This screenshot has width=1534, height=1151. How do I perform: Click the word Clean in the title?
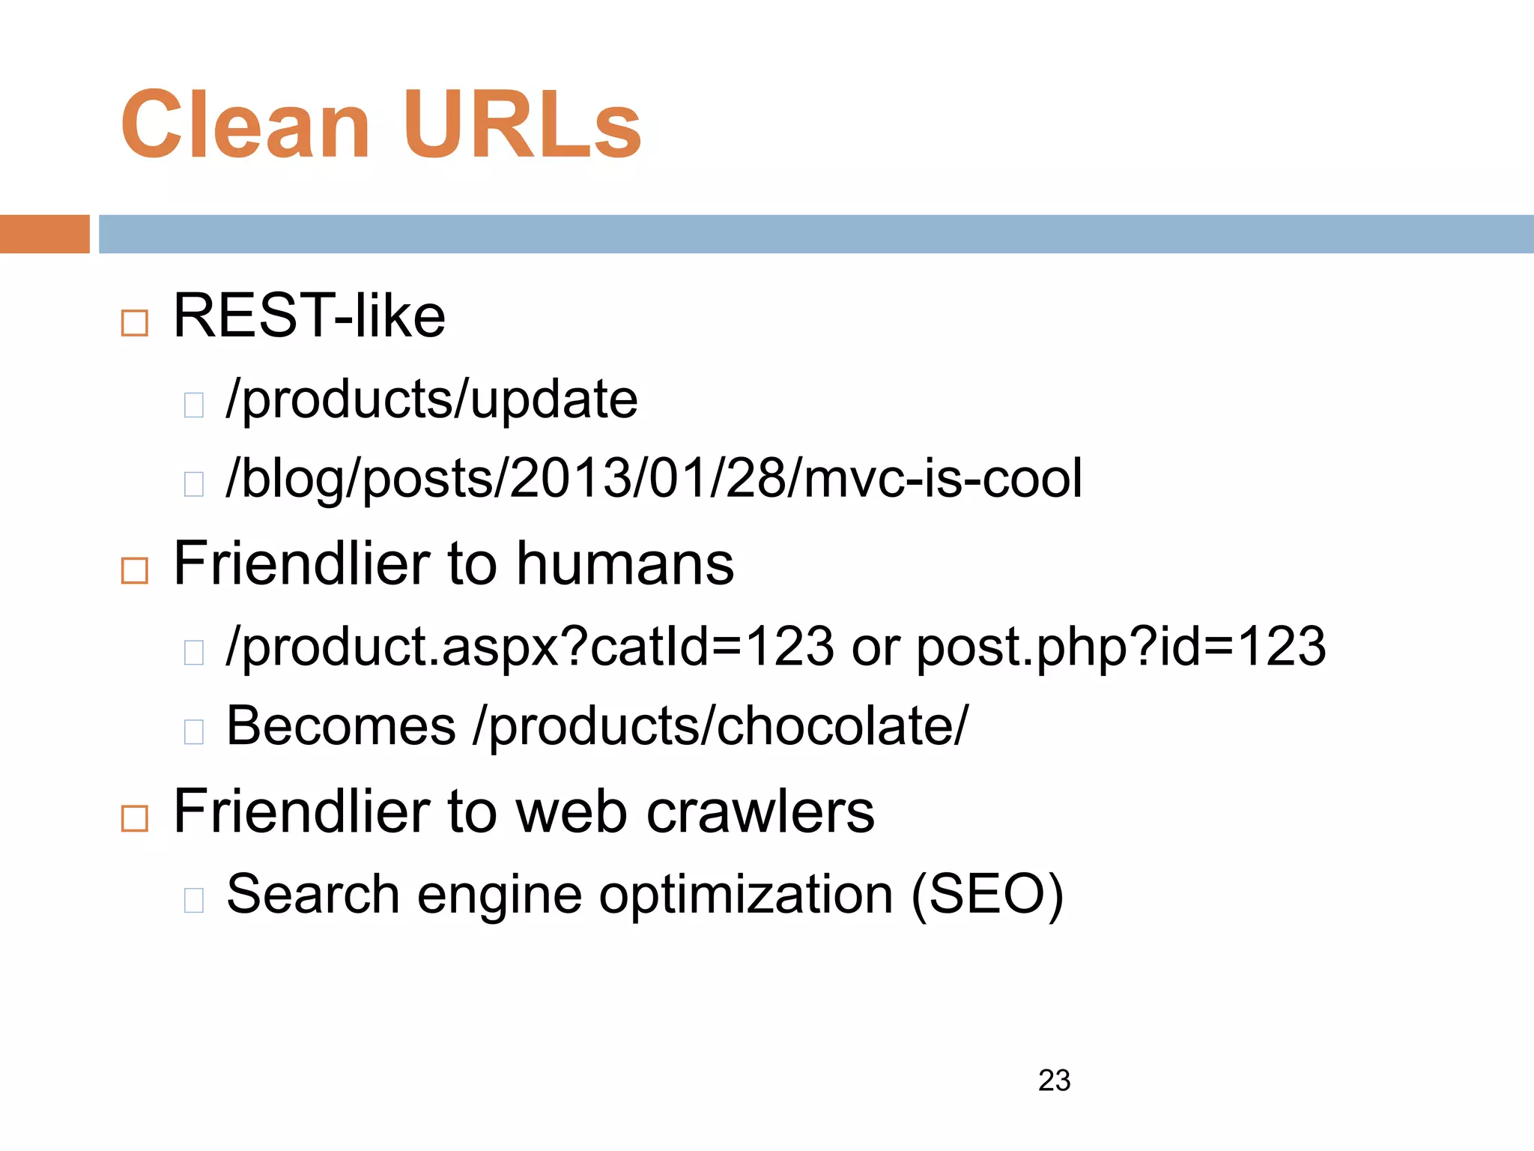click(245, 125)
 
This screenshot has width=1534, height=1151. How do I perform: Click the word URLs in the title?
click(522, 125)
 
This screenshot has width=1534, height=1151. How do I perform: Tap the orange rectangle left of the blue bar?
click(44, 234)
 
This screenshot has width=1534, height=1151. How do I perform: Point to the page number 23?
click(1054, 1081)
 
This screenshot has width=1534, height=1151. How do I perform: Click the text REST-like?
click(309, 316)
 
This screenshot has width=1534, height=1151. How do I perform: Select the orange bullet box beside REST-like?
click(135, 323)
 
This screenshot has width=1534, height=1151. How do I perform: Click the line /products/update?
click(431, 399)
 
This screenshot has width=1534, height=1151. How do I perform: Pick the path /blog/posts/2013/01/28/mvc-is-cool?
click(654, 479)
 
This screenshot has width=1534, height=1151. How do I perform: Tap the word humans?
click(625, 564)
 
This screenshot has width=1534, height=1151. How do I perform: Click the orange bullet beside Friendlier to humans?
click(135, 571)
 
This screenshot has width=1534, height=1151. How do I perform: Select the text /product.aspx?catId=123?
click(530, 647)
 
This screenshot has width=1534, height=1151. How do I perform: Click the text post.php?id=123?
click(1121, 647)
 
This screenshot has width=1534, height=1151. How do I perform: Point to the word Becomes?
click(341, 726)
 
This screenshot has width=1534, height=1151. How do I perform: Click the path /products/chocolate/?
click(721, 726)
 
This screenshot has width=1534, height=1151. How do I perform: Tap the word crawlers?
click(760, 812)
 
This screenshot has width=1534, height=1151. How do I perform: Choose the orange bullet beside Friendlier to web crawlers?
click(135, 818)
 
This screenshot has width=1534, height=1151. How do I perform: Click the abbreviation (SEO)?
click(986, 895)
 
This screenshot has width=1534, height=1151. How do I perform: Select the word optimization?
click(746, 895)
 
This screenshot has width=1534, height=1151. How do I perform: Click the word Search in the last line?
click(313, 895)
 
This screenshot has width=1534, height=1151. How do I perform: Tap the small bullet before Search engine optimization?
click(194, 900)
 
